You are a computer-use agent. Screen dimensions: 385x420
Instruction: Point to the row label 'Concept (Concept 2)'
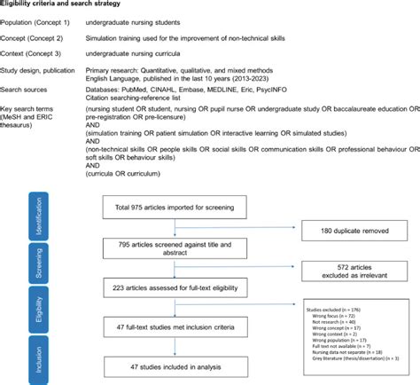37,40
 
